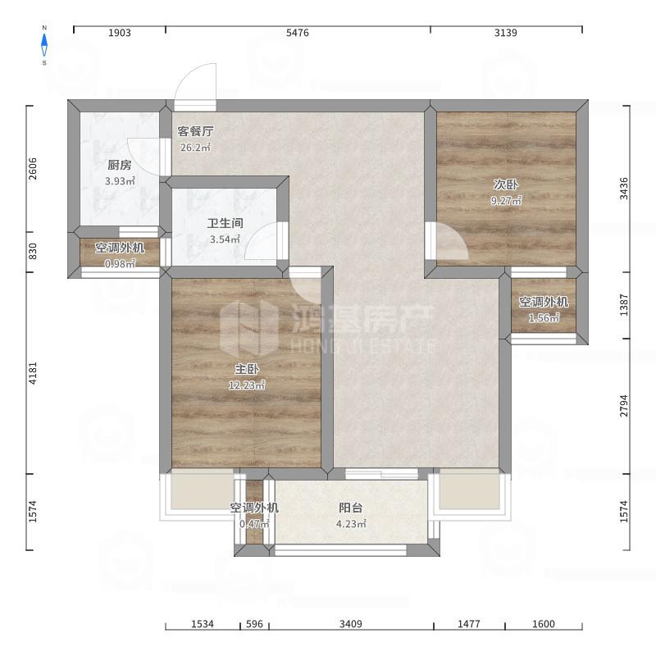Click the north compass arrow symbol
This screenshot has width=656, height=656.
pos(44,45)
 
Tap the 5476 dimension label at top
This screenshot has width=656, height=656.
pos(298,33)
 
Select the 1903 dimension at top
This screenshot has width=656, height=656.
pos(120,33)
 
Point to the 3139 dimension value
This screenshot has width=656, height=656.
pos(505,33)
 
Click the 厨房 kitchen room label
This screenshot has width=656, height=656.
pos(119,165)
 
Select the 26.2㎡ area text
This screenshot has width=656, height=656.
pos(195,148)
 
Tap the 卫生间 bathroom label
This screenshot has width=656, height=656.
pos(225,223)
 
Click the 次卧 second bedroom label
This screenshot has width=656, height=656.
pos(506,184)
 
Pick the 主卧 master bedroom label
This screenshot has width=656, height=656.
pos(247,369)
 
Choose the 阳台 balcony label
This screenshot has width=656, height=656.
pos(351,508)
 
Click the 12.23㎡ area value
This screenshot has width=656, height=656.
pos(247,385)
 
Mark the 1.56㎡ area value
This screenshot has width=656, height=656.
pos(544,318)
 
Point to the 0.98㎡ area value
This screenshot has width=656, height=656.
pos(120,264)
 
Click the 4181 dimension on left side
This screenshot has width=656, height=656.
pos(33,373)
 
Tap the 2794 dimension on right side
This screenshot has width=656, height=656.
pos(624,405)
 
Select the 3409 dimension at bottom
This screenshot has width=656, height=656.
pos(351,624)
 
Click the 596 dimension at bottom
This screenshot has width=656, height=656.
pos(254,624)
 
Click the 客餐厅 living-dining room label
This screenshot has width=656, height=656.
pos(195,131)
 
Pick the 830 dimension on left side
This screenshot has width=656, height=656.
pos(33,251)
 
